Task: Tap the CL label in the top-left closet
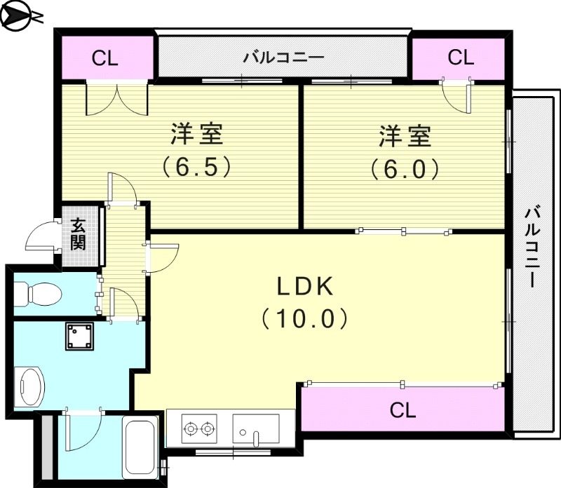pos(105,58)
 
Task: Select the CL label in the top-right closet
pos(461,57)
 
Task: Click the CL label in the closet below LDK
pos(403,409)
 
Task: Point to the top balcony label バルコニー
pos(283,57)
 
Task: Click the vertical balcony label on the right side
pos(534,245)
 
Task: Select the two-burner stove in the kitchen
pos(198,426)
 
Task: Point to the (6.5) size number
pos(197,169)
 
